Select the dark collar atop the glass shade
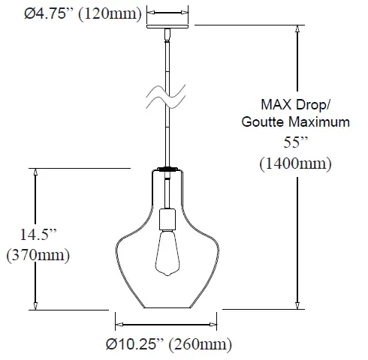pyautogui.click(x=167, y=169)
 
